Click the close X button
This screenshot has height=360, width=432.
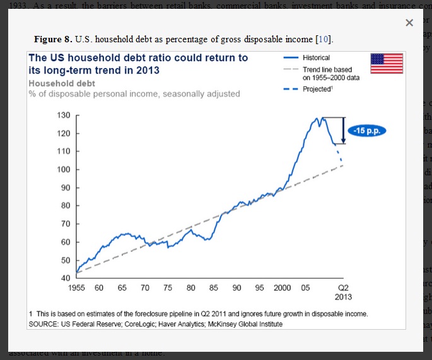pyautogui.click(x=409, y=23)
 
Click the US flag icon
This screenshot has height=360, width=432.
pyautogui.click(x=386, y=64)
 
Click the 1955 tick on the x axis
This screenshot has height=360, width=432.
pyautogui.click(x=76, y=287)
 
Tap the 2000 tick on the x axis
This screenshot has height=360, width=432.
pyautogui.click(x=283, y=287)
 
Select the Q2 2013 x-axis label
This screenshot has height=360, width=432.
pyautogui.click(x=343, y=292)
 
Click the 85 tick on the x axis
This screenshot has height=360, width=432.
pyautogui.click(x=214, y=287)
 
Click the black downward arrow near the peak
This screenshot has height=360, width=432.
pyautogui.click(x=342, y=131)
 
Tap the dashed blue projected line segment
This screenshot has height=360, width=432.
pyautogui.click(x=339, y=154)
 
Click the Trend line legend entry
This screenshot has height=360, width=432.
pyautogui.click(x=327, y=73)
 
